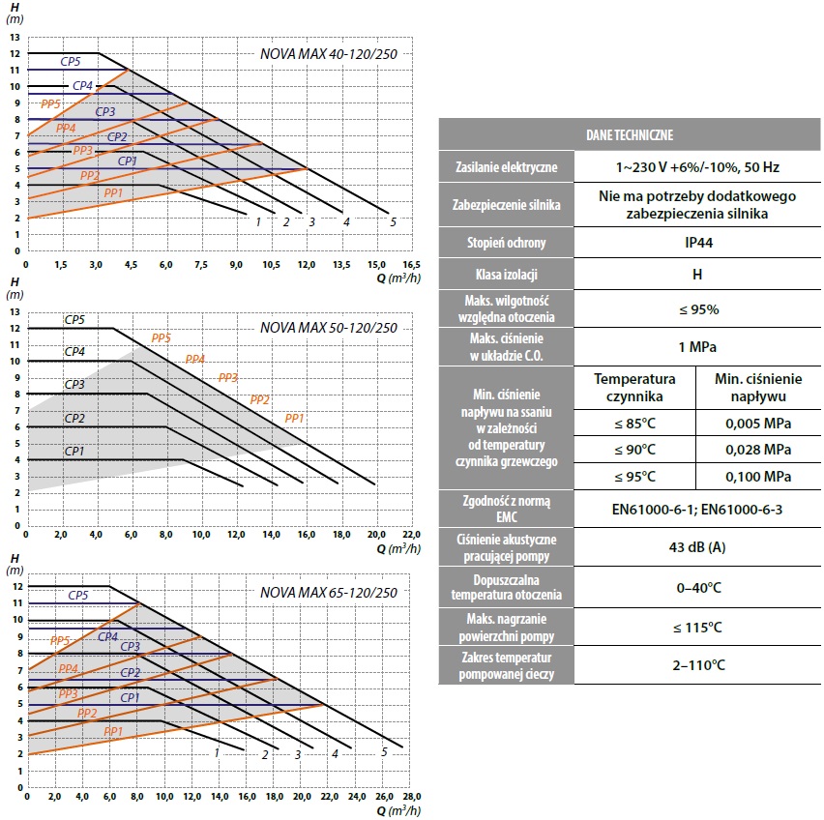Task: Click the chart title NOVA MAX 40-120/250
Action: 329,54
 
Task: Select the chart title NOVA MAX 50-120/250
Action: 329,328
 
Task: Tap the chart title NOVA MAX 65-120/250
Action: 329,593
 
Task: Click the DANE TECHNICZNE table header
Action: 630,135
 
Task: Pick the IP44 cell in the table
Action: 698,243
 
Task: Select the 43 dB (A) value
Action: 697,547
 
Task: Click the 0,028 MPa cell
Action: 758,450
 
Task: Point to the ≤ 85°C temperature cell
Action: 634,424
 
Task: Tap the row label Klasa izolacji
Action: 506,275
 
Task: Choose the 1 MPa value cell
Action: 697,347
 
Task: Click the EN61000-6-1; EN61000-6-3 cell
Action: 697,509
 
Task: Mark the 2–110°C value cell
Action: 698,665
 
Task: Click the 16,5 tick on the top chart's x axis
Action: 411,264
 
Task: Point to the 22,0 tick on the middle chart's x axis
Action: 411,534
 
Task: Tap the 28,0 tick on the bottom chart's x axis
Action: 411,797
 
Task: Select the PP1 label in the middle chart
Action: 294,418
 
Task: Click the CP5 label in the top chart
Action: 71,62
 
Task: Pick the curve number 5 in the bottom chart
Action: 384,751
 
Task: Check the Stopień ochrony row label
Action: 506,243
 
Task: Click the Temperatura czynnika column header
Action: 634,387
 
